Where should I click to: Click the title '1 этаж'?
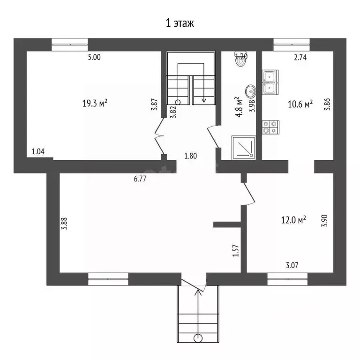pos(180,23)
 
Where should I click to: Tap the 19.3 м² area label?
pos(95,103)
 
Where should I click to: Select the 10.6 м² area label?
pos(300,104)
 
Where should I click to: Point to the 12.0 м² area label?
pos(293,220)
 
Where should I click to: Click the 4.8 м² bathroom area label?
pos(239,107)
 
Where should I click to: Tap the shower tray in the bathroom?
pos(244,148)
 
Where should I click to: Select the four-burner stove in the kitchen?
pos(270,127)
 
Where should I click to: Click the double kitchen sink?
pos(270,82)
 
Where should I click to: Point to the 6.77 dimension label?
pos(140,179)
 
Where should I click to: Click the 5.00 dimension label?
pos(94,57)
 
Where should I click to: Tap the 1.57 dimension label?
pos(236,251)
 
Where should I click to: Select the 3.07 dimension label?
pos(292,265)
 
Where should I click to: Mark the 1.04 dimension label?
pos(38,151)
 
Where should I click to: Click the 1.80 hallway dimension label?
pos(191,156)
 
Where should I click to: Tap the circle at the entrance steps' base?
pos(198,338)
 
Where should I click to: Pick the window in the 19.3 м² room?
pos(69,45)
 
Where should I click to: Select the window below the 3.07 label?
pos(287,279)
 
